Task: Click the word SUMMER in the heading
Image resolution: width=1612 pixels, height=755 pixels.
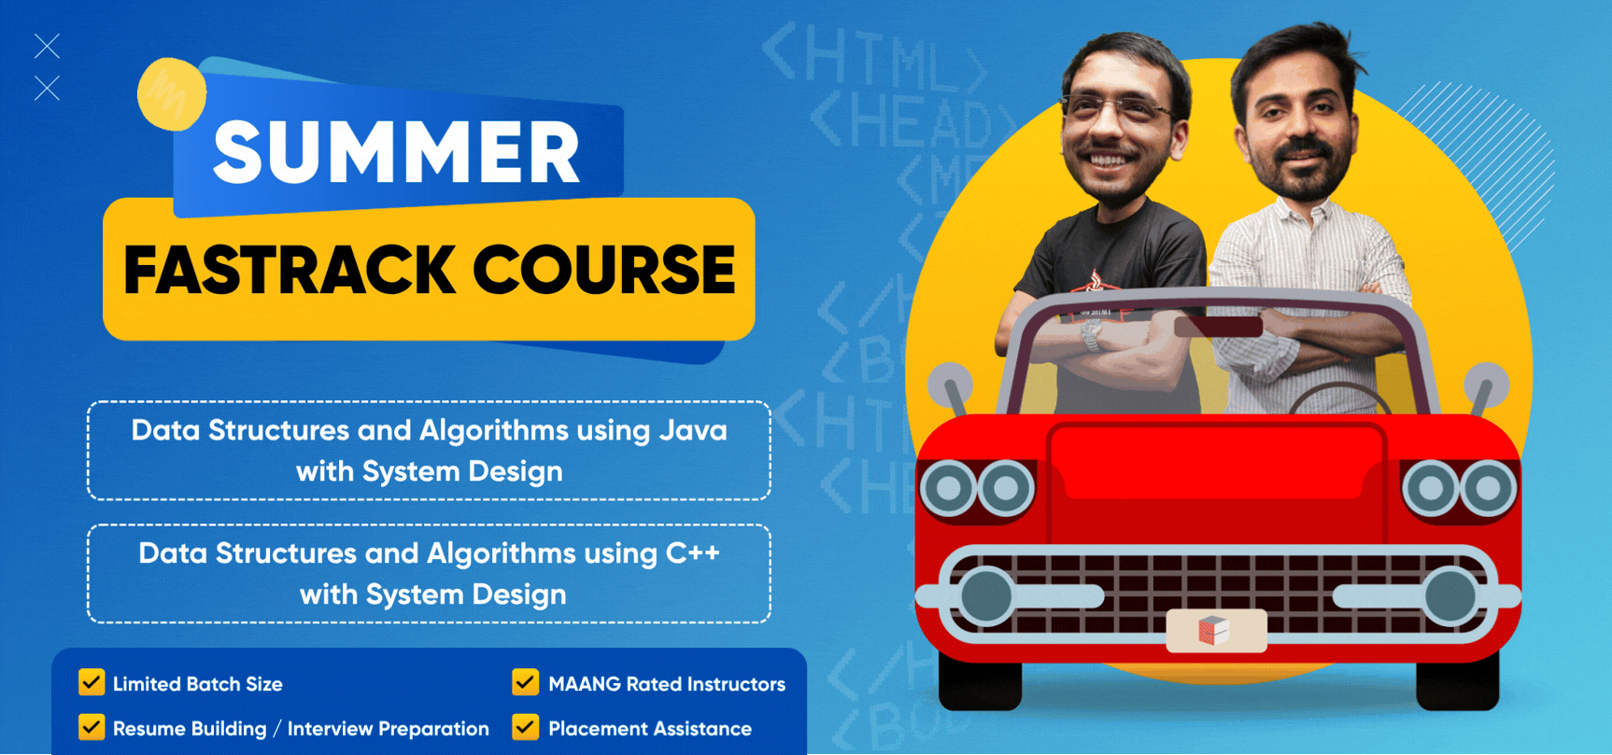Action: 397,152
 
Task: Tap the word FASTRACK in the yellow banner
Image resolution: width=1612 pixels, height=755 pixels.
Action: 290,271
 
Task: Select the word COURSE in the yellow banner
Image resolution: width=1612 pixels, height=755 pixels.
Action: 604,271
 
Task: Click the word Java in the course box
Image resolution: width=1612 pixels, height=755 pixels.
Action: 693,430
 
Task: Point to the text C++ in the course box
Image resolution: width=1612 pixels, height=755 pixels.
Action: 693,553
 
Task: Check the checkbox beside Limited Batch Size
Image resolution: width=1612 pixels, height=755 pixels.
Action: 92,682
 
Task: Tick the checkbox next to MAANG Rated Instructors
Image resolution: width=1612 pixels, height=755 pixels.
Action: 526,682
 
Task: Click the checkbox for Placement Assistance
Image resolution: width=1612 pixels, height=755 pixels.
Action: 526,727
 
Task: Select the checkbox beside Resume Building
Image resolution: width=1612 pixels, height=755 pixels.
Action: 92,727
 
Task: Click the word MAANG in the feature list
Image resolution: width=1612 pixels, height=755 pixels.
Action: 585,684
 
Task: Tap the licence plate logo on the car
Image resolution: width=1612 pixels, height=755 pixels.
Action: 1214,631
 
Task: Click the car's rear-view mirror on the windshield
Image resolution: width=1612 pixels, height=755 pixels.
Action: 1219,327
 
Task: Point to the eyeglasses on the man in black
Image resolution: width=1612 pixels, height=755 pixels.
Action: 1116,108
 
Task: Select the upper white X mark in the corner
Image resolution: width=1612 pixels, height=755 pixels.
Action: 47,46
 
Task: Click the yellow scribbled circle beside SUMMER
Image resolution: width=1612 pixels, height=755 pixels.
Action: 172,94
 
